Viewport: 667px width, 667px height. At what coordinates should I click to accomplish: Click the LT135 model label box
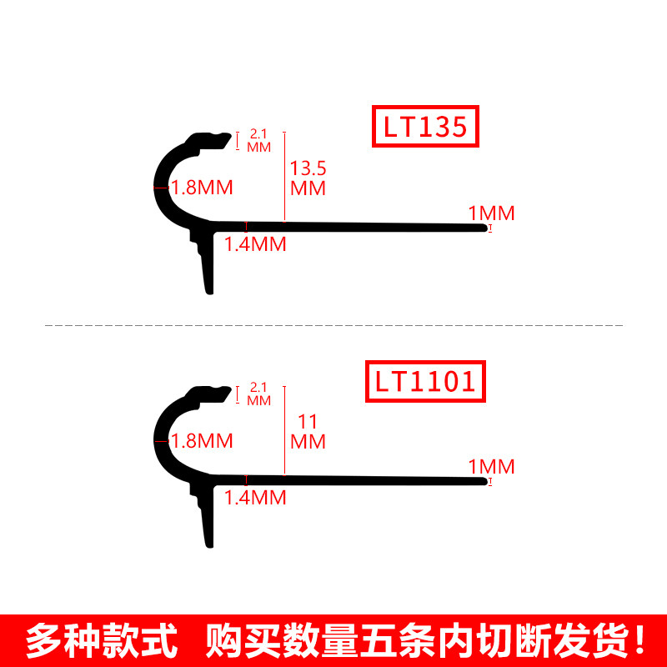coord(425,128)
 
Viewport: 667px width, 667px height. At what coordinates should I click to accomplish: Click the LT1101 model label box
coord(425,381)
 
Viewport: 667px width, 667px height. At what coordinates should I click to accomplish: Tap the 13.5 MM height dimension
coord(308,178)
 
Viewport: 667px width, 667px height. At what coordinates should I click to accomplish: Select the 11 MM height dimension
coord(308,431)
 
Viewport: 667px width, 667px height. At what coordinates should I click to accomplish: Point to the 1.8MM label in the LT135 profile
coord(202,188)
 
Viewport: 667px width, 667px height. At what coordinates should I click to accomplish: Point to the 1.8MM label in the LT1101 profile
coord(202,440)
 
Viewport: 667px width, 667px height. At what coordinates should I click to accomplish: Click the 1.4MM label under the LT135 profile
coord(256,244)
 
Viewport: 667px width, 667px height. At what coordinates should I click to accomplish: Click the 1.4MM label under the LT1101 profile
coord(256,498)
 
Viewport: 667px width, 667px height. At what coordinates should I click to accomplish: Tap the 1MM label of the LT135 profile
coord(491,213)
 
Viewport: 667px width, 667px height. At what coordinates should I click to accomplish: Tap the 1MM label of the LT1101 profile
coord(491,467)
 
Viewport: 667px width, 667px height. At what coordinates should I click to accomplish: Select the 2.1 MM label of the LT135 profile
coord(259,139)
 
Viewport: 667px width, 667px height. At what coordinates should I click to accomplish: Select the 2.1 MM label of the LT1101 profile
coord(259,394)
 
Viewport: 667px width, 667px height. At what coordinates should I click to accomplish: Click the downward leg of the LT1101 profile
coord(208,522)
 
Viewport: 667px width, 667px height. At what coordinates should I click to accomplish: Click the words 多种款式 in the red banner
coord(102,641)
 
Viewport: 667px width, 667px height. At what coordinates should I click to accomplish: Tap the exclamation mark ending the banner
coord(639,641)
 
